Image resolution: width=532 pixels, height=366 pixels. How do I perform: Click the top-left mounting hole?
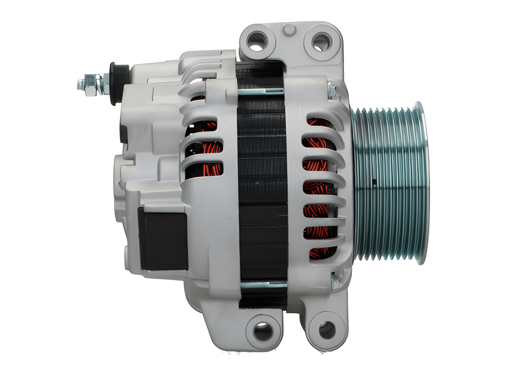click(257, 42)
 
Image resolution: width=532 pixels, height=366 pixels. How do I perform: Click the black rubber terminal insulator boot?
click(118, 83)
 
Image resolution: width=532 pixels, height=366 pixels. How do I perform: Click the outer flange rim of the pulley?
click(422, 182)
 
